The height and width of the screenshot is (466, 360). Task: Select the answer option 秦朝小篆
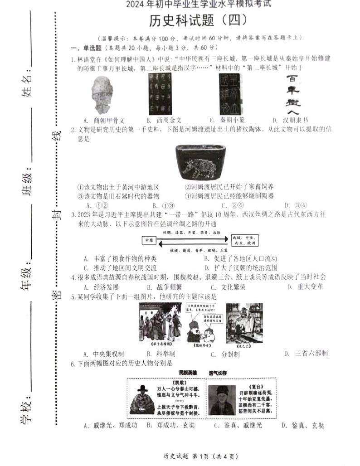click(x=227, y=120)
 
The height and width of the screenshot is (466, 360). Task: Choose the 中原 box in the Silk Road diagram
click(x=149, y=239)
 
